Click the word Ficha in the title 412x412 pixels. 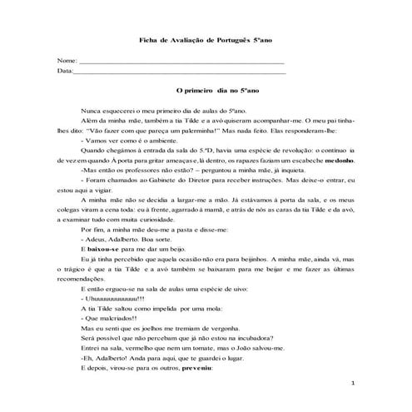144,41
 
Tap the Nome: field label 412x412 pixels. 66,62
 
